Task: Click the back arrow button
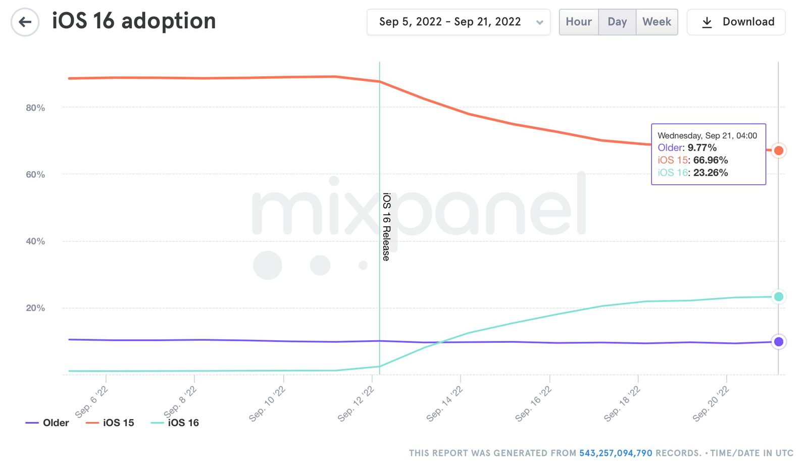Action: coord(25,22)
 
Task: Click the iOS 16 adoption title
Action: coord(134,21)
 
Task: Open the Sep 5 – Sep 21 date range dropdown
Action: coord(458,22)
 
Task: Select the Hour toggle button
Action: coord(578,22)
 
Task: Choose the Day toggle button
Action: coord(617,22)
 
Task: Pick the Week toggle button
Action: coord(656,22)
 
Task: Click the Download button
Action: coord(736,22)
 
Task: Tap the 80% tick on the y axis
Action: coord(35,108)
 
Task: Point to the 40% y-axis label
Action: coord(35,241)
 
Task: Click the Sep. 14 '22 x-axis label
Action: coord(444,403)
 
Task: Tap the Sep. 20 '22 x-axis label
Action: coord(711,403)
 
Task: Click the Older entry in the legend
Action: coord(47,423)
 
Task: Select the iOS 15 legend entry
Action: coord(110,423)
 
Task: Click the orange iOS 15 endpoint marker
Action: coord(779,150)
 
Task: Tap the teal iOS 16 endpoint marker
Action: coord(779,297)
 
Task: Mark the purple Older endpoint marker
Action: coord(779,342)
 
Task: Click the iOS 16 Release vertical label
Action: coord(386,227)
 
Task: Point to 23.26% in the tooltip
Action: coord(710,173)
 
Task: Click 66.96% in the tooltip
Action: coord(710,160)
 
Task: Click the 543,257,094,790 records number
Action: coord(616,453)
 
